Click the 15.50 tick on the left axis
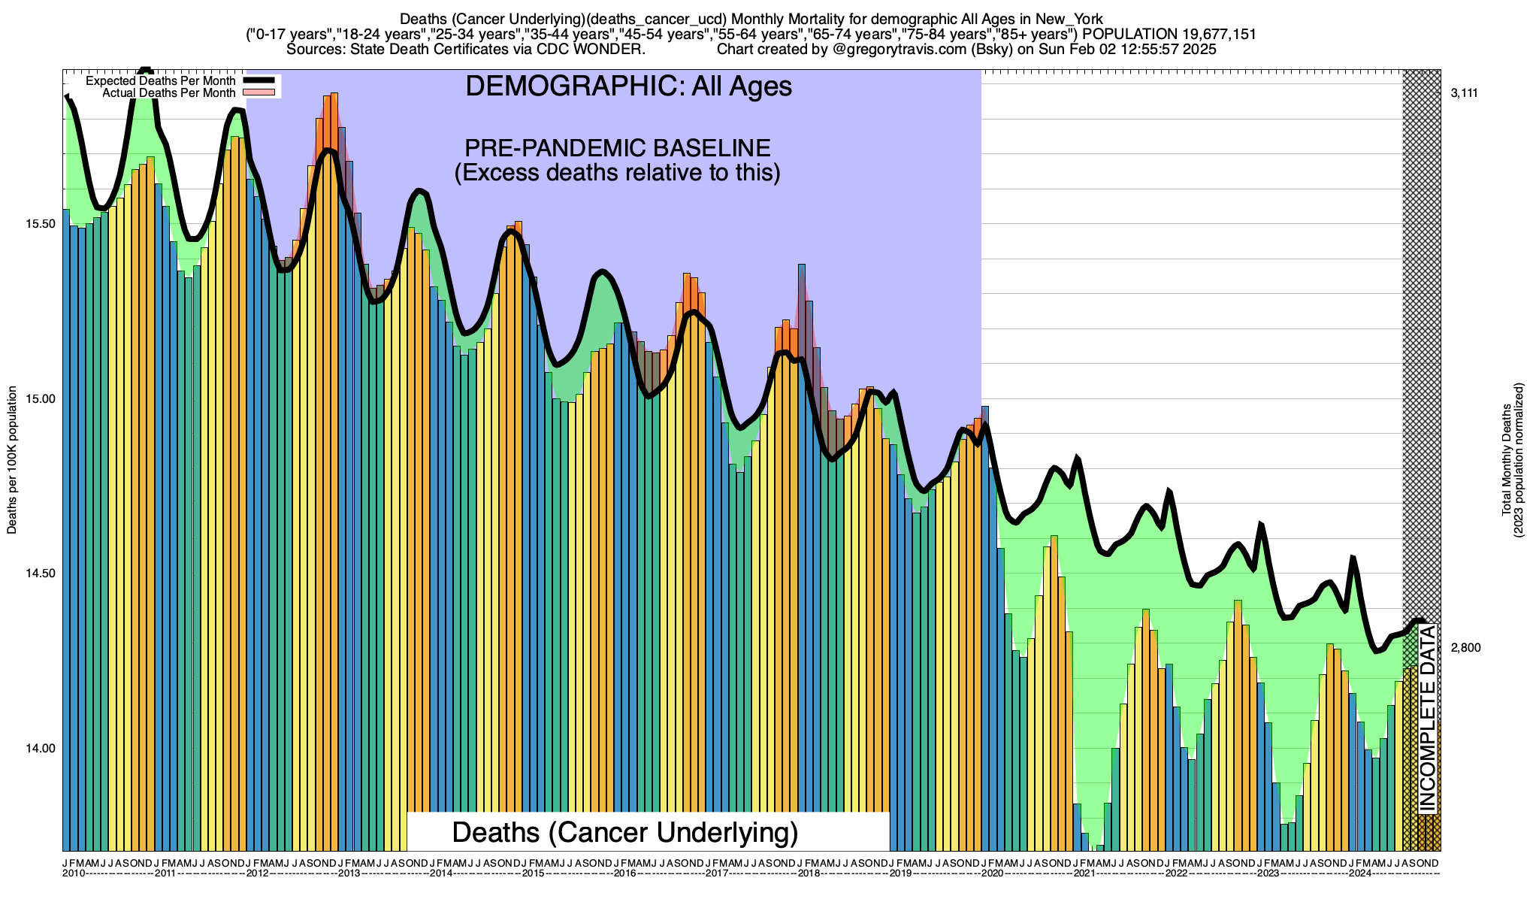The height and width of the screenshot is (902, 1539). tap(41, 224)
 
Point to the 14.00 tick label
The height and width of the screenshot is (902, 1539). tap(41, 749)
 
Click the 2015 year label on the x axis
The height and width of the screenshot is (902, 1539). tap(532, 873)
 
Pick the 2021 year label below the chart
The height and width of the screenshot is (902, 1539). tap(1084, 873)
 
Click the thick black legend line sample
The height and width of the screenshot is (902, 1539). tap(260, 81)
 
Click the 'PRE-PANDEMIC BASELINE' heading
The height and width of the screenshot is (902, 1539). tap(617, 148)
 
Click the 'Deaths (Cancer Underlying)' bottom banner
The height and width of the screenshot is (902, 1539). tap(624, 832)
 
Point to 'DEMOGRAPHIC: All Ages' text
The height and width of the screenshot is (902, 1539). tap(628, 86)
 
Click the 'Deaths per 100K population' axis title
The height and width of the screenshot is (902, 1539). tap(12, 460)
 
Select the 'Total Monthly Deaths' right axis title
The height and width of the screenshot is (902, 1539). tap(1506, 460)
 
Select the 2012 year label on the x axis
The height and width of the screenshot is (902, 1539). tap(257, 873)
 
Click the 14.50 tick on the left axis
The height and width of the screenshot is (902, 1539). tap(41, 574)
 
